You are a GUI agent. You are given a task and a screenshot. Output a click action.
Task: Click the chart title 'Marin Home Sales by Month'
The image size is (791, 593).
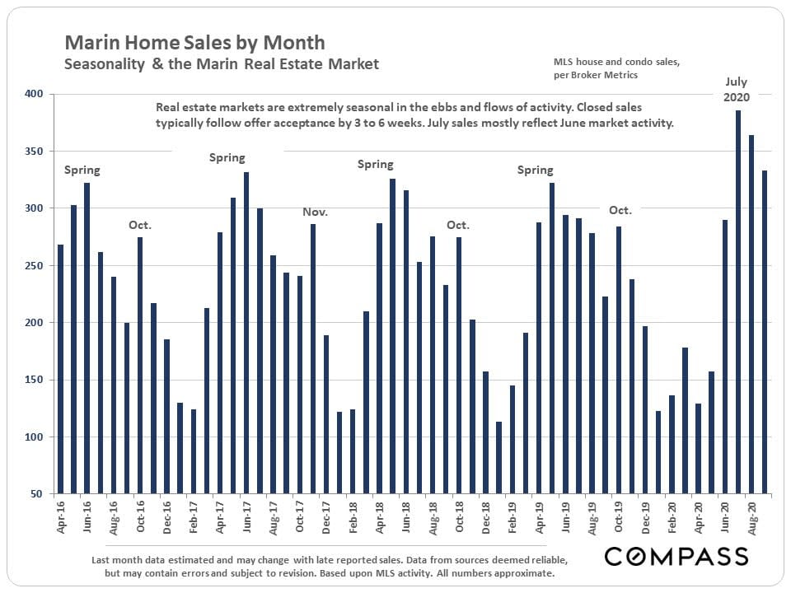click(x=194, y=42)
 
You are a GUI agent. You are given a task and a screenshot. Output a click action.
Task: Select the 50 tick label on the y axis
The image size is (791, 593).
click(x=36, y=494)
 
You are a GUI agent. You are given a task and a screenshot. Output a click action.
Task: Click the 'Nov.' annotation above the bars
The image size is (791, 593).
click(x=315, y=212)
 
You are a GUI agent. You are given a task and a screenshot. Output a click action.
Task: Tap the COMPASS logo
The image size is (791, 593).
click(x=676, y=556)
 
